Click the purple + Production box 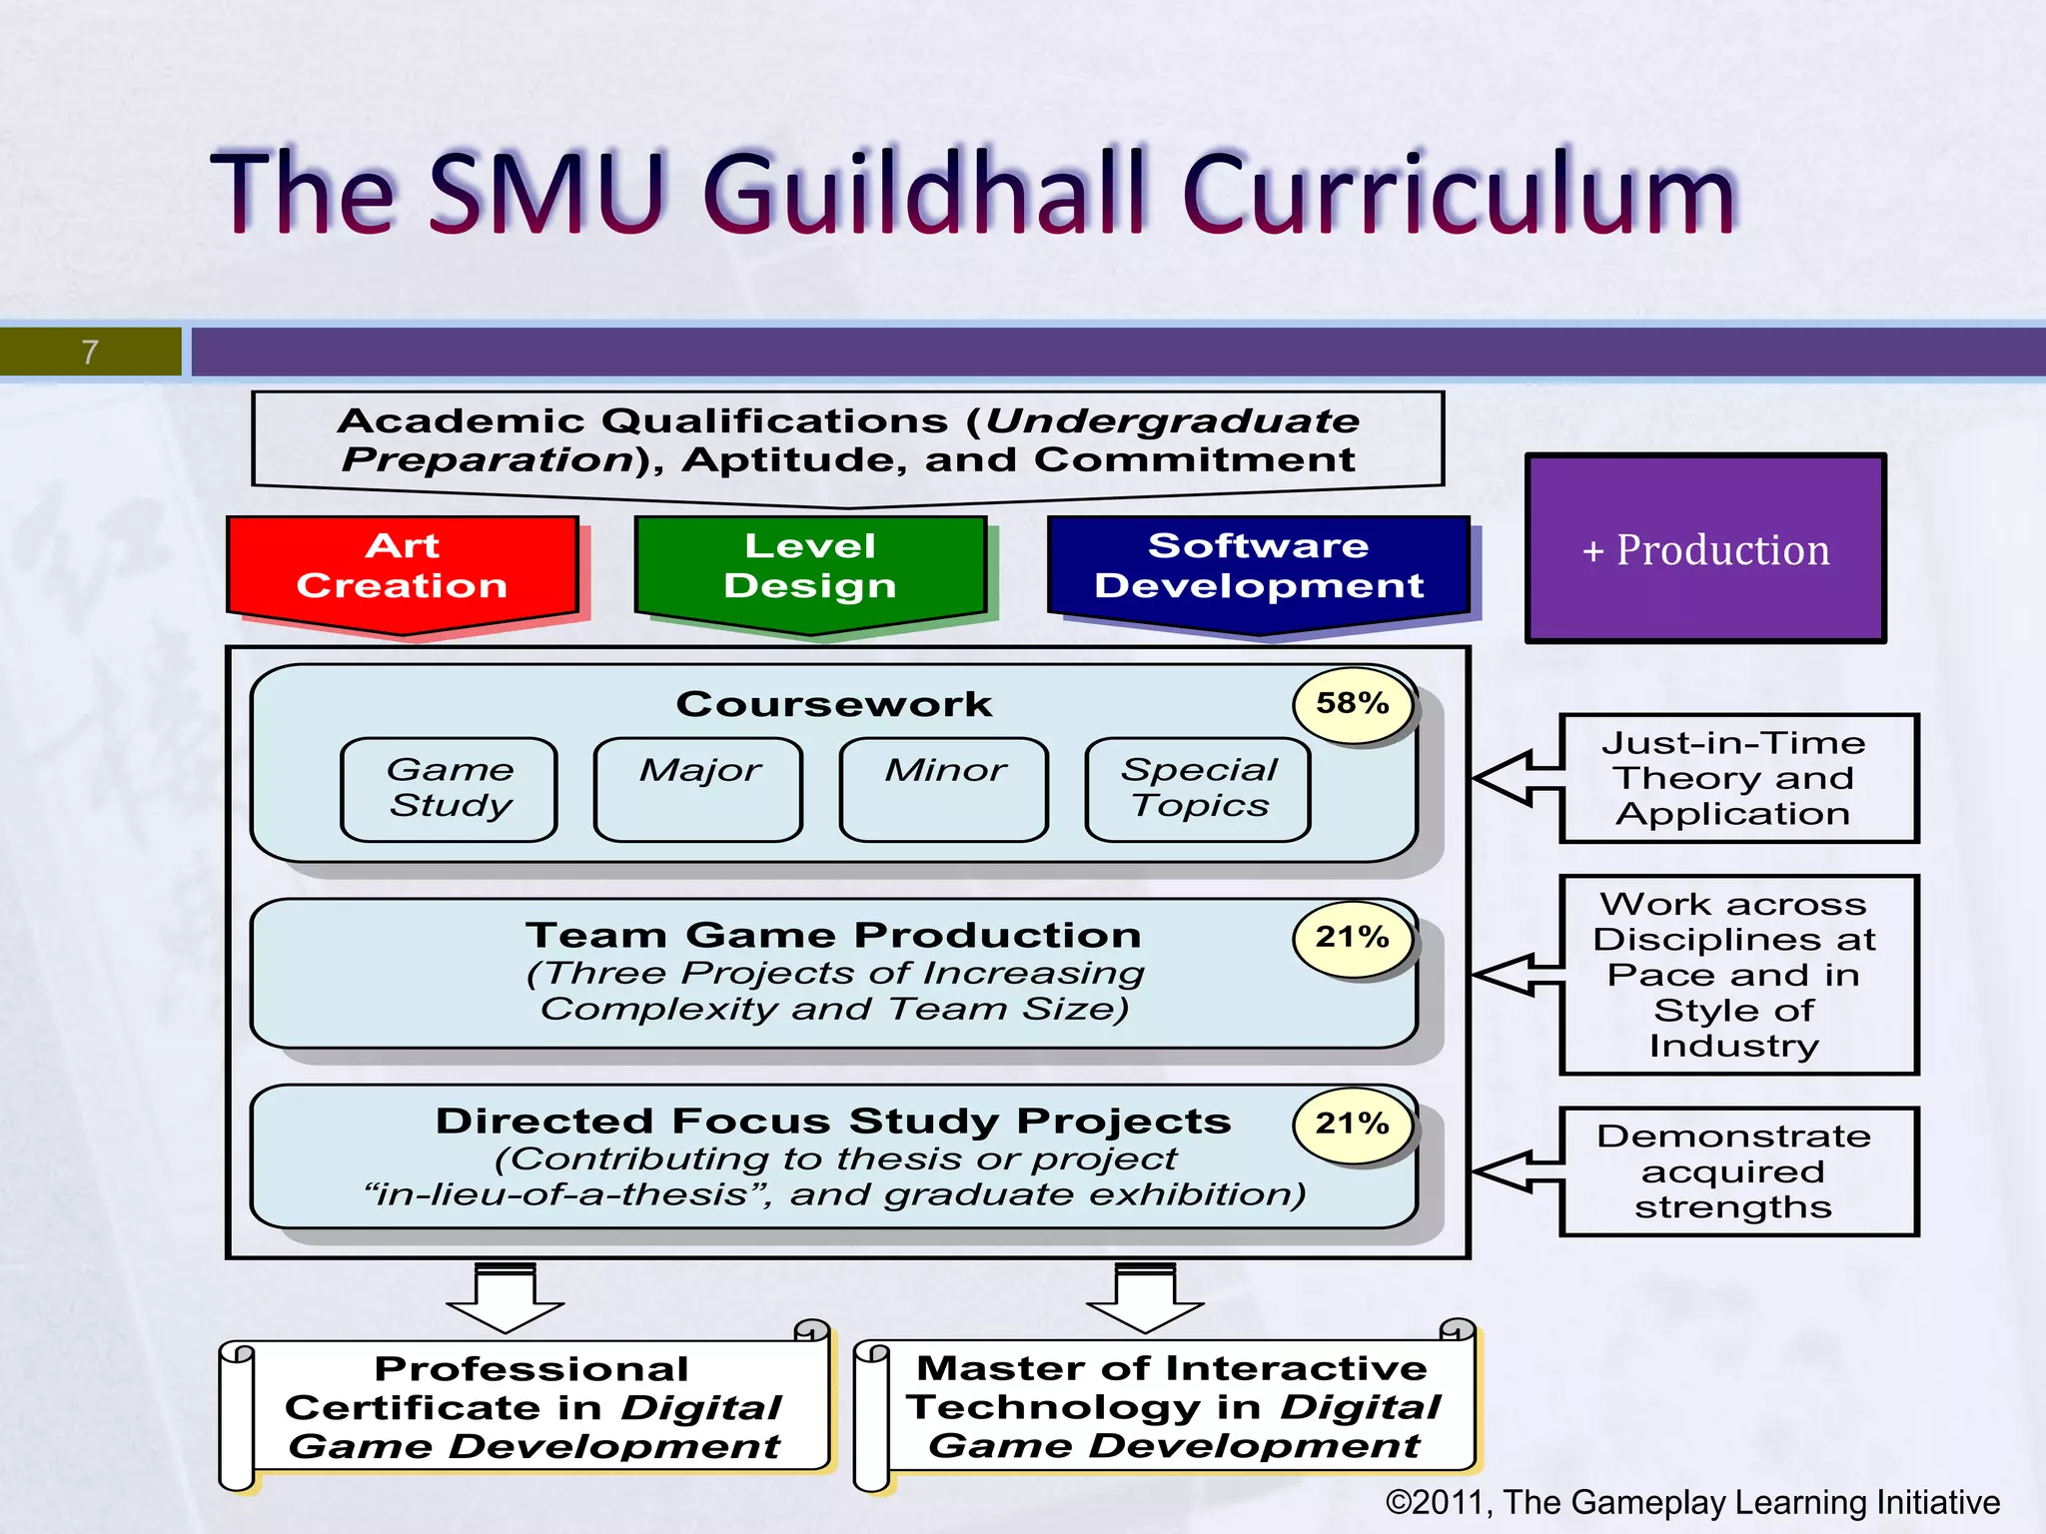coord(1705,548)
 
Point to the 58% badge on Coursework coord(1353,703)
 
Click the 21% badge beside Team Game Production coord(1353,937)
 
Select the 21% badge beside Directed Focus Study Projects coord(1353,1124)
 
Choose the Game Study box coord(450,789)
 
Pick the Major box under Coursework coord(698,789)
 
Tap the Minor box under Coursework coord(944,789)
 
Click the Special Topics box coord(1198,789)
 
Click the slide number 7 coord(90,352)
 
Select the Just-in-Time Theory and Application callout coord(1738,778)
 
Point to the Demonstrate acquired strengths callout coord(1738,1171)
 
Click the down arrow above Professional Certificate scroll coord(506,1298)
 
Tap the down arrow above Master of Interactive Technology coord(1145,1298)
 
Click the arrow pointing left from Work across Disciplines coord(1514,974)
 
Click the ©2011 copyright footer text coord(1691,1502)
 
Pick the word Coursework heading coord(834,704)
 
